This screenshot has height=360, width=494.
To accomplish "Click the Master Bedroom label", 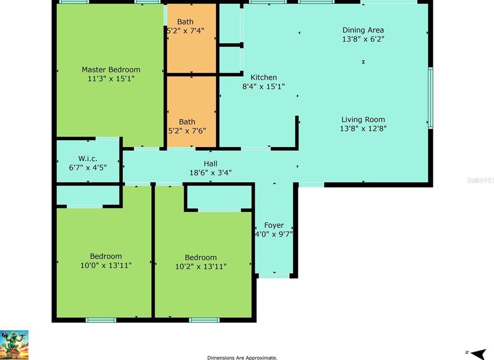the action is click(111, 70).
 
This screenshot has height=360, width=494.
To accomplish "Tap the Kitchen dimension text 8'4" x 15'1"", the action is click(264, 87).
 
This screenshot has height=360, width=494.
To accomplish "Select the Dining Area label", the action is click(363, 30).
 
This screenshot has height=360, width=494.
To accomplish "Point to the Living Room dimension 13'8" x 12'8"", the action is click(363, 128).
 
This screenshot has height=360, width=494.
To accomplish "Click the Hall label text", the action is click(210, 164).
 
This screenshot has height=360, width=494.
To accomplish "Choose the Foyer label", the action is click(274, 225).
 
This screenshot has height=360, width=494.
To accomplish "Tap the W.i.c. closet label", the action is click(88, 159).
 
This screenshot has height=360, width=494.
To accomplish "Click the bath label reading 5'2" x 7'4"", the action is click(185, 31).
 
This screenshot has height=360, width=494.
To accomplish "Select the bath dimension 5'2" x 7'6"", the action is click(187, 131).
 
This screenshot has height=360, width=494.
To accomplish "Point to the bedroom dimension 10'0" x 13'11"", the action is click(106, 265).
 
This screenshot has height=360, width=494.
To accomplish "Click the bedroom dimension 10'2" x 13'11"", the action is click(200, 267).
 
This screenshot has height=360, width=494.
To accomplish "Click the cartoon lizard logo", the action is click(14, 345).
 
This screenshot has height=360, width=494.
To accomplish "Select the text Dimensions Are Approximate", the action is click(242, 358).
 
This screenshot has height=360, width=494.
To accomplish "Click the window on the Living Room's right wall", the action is click(430, 97).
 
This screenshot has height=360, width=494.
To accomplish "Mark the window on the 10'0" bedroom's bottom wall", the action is click(101, 320).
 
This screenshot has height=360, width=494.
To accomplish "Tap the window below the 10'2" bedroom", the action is click(204, 320).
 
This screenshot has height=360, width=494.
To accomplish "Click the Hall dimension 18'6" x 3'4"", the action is click(210, 173).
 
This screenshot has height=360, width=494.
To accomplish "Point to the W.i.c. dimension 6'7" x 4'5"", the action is click(88, 168).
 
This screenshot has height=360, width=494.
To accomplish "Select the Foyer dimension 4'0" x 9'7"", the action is click(274, 234).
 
